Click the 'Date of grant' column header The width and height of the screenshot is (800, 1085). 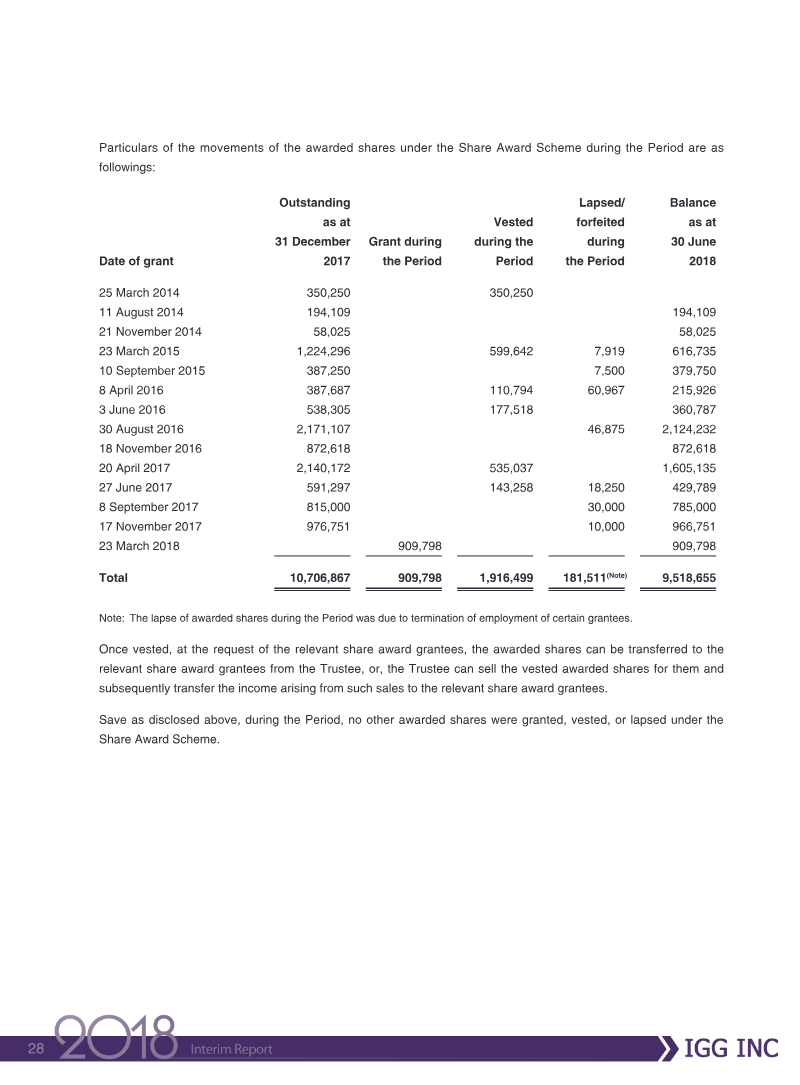[x=136, y=261]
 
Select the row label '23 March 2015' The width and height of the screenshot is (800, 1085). [x=139, y=351]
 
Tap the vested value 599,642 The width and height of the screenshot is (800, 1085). [x=507, y=351]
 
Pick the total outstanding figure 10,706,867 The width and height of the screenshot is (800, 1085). [x=313, y=578]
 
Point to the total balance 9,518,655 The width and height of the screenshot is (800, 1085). [x=689, y=578]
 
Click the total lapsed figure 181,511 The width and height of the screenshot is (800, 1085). [x=583, y=578]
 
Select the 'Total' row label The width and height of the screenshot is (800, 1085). [x=113, y=578]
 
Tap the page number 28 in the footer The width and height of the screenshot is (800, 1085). [x=36, y=1048]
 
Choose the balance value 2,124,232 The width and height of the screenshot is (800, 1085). [x=689, y=429]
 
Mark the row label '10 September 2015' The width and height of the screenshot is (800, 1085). [x=152, y=371]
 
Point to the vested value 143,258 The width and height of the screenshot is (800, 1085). [x=507, y=488]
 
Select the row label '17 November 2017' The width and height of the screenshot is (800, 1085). [x=150, y=527]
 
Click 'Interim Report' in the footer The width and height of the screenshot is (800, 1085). [x=231, y=1049]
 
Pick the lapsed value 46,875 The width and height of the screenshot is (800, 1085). [x=603, y=429]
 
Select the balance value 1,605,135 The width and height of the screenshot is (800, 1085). [x=689, y=468]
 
